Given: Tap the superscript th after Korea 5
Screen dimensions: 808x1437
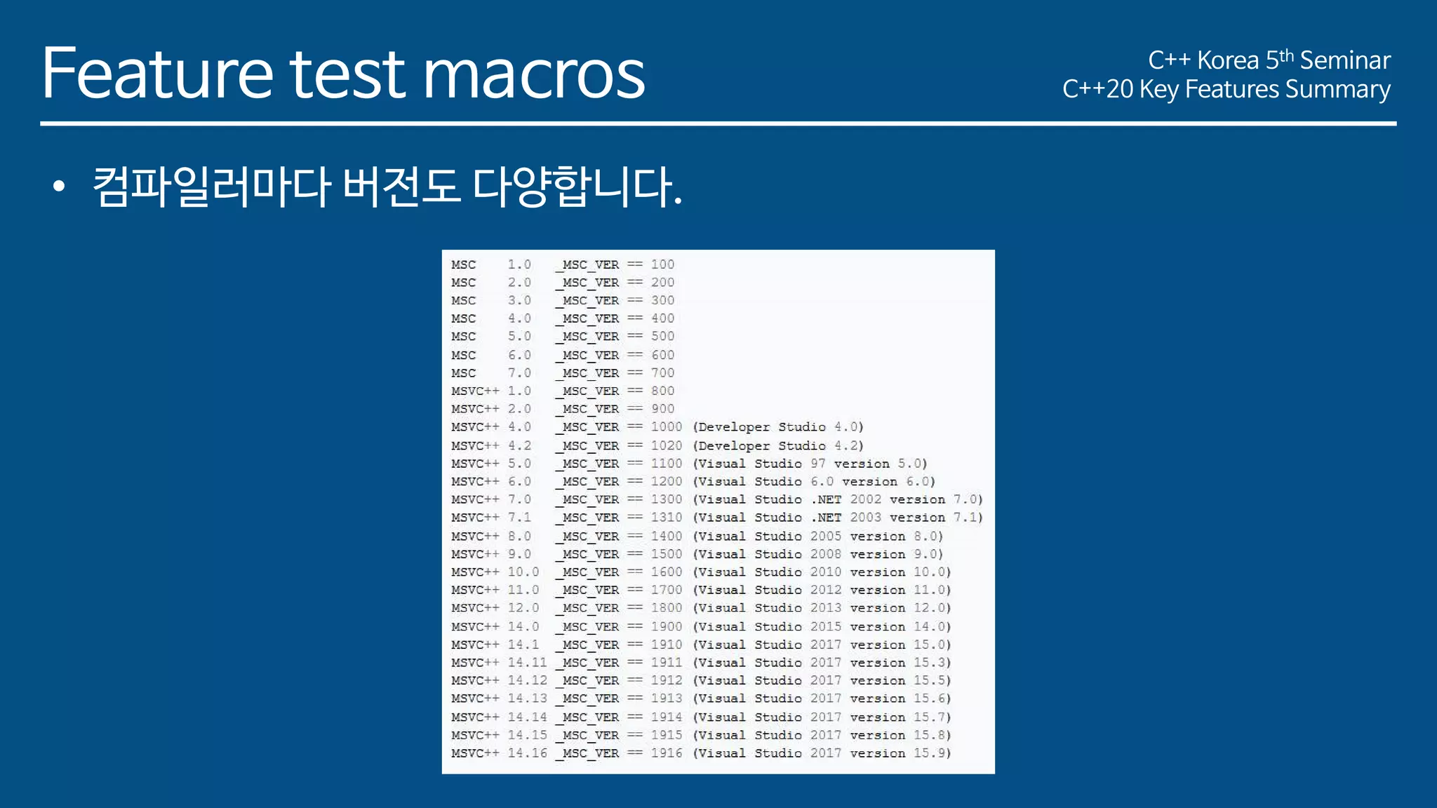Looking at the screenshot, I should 1286,55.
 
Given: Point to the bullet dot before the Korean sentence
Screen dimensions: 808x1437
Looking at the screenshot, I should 59,187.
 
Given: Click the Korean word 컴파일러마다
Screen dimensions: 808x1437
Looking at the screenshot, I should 211,187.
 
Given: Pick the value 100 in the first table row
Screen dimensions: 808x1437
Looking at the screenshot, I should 662,264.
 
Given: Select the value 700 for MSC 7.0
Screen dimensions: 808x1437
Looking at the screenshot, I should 662,373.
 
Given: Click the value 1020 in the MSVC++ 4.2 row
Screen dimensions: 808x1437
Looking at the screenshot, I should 666,445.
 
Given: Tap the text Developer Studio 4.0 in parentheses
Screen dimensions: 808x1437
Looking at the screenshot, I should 778,427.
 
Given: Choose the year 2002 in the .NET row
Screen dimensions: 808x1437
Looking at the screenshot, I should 865,499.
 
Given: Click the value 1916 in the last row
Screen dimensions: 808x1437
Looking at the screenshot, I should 666,753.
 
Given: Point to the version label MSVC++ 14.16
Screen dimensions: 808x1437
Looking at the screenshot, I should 499,753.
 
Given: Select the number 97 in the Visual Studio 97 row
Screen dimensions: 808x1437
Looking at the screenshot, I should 818,464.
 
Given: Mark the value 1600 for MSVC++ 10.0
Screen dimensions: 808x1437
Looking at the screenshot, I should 666,572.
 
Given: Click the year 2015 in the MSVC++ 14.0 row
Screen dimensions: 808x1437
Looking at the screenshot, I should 825,626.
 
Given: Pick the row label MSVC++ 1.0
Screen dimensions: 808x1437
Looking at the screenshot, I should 491,391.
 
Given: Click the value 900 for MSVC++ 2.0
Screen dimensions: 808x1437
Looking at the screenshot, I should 662,409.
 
